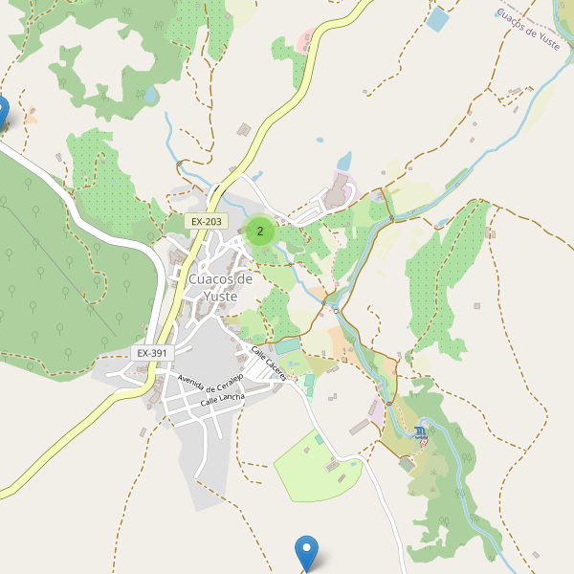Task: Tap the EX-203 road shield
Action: point(206,222)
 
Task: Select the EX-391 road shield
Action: point(152,353)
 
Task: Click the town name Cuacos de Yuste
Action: point(221,287)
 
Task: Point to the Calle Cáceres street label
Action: point(268,364)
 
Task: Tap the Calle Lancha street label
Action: point(222,402)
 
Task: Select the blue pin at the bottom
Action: point(306,552)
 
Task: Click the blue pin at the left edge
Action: point(2,112)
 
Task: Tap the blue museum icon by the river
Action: point(422,434)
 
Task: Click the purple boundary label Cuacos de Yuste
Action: point(529,30)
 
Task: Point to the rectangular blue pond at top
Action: point(438,19)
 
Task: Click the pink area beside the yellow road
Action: point(307,42)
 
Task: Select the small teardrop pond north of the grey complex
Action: point(343,159)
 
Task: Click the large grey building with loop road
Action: point(336,190)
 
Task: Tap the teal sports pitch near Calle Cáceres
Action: point(287,346)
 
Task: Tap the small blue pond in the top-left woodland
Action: point(151,95)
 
